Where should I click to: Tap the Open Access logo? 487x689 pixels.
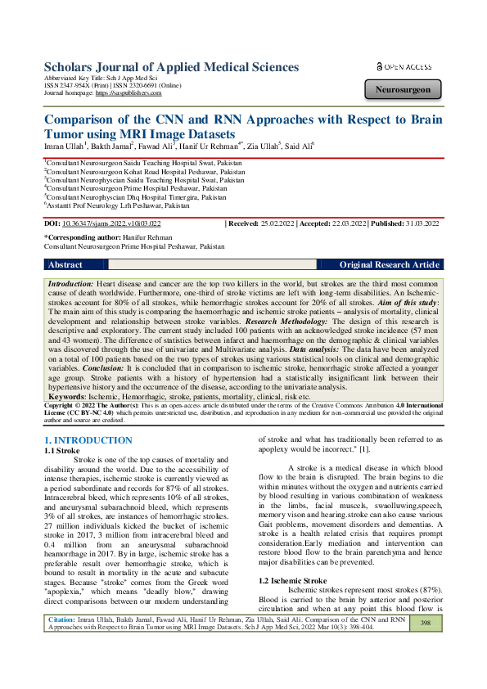404,65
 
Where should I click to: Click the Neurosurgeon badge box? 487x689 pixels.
403,90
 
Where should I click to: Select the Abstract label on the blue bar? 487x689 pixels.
65,265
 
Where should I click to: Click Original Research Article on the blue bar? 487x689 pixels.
389,265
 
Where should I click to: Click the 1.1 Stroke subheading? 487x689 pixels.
61,450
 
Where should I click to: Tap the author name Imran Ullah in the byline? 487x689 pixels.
63,146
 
